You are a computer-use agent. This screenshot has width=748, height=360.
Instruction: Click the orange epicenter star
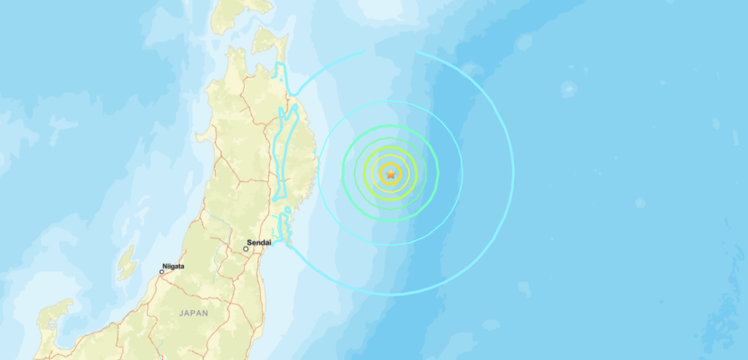tap(392, 174)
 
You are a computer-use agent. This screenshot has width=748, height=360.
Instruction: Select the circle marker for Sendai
tap(246, 249)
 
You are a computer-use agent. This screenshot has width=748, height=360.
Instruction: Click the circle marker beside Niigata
tap(162, 272)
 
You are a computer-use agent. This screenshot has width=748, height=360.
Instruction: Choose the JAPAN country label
tap(193, 313)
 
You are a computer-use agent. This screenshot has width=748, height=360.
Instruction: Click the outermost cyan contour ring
tap(513, 174)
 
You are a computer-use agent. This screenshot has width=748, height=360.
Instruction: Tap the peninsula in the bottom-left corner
tap(51, 321)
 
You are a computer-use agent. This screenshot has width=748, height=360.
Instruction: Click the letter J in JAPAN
tap(180, 313)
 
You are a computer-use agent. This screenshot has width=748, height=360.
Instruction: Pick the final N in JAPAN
tap(206, 313)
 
